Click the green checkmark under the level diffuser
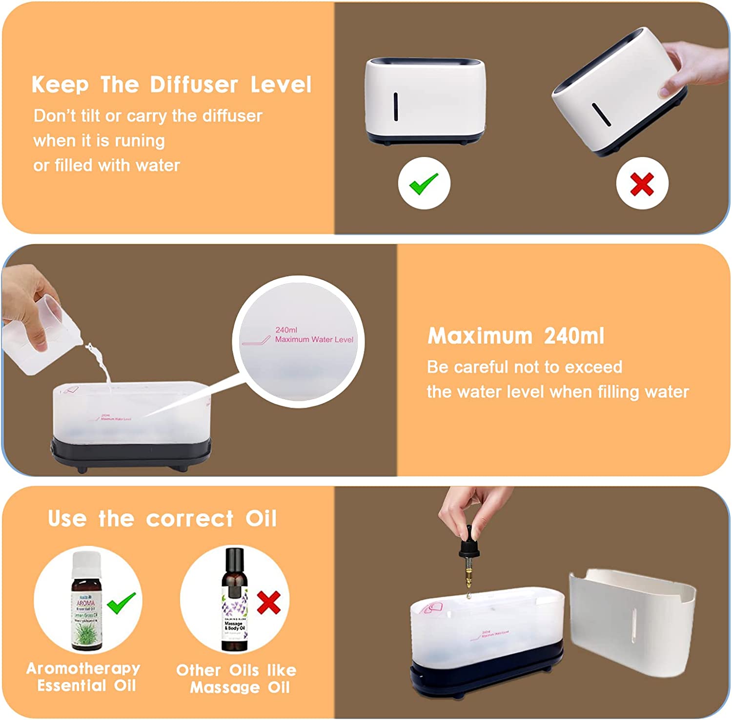pos(424,183)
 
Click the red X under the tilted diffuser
pos(642,184)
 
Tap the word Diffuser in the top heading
pos(194,85)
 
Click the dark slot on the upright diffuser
pos(395,106)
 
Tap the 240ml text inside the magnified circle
pos(286,330)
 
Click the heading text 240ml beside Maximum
pos(574,336)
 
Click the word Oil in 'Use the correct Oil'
pos(261,519)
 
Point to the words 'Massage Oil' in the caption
pos(240,687)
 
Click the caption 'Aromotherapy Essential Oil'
pos(84,677)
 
